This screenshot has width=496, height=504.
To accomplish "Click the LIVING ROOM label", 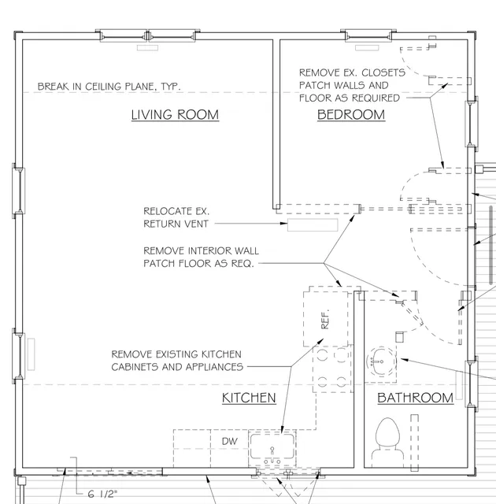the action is (x=175, y=115).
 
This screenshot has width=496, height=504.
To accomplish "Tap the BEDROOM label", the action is (x=351, y=115).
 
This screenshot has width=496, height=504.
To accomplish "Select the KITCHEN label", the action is (x=249, y=398).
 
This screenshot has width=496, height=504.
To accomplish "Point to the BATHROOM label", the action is (x=416, y=398).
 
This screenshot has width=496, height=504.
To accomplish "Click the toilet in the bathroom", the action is (x=387, y=442).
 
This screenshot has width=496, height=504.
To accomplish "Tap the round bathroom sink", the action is (x=381, y=361).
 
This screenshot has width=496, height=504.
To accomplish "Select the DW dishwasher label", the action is (x=230, y=441).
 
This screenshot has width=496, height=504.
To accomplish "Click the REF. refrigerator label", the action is (x=325, y=319).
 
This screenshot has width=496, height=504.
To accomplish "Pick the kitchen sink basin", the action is (x=272, y=447).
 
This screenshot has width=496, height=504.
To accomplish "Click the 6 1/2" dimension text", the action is (x=103, y=494).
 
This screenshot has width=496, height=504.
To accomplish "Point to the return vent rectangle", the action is (x=313, y=225).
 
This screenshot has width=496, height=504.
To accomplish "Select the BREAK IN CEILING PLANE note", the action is (x=109, y=87).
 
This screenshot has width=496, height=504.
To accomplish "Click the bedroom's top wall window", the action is (x=368, y=35).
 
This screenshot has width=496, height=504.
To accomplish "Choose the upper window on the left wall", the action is (x=19, y=191).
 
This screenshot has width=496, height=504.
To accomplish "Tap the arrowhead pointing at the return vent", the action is (x=283, y=223).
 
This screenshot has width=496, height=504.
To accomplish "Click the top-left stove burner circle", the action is (x=323, y=355).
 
